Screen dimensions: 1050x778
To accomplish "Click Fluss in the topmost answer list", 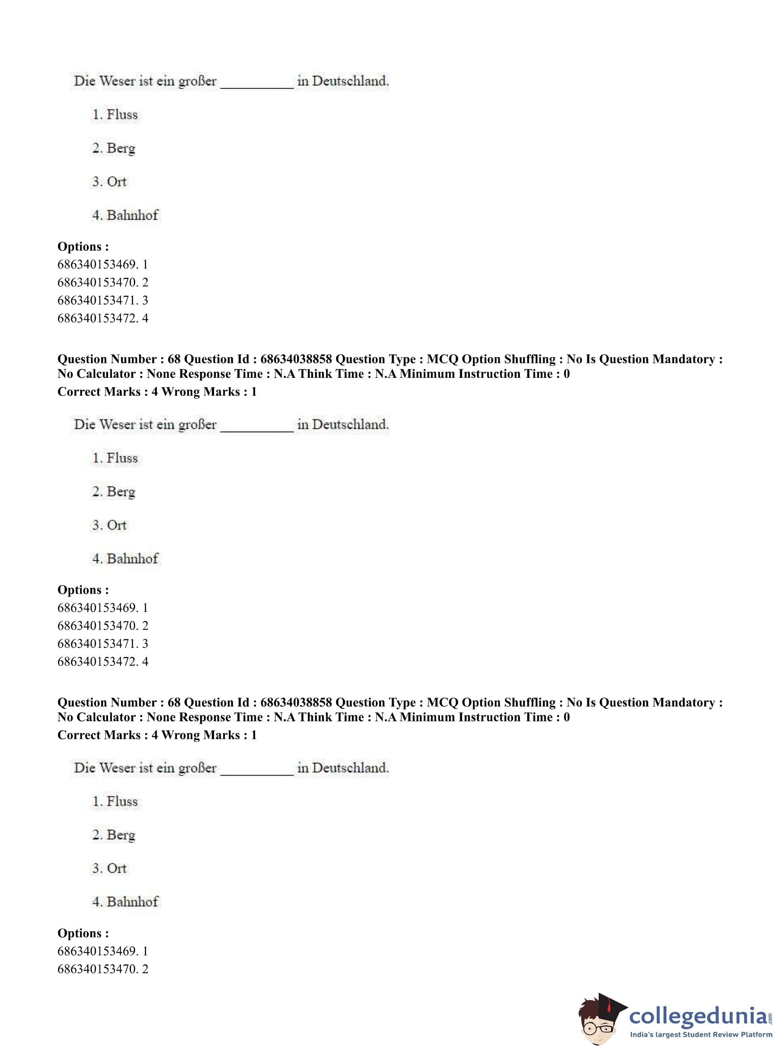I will pyautogui.click(x=122, y=114).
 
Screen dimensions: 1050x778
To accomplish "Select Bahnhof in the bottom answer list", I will pyautogui.click(x=132, y=902).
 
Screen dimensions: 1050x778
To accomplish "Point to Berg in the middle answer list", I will pyautogui.click(x=121, y=491).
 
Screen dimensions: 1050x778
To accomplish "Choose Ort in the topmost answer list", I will pyautogui.click(x=117, y=182).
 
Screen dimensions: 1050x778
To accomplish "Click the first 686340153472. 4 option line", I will pyautogui.click(x=103, y=318).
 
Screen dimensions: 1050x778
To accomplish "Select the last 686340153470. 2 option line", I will pyautogui.click(x=103, y=969).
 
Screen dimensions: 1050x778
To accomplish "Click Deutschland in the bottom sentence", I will pyautogui.click(x=350, y=768).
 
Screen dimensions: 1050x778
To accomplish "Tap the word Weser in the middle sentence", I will pyautogui.click(x=117, y=424).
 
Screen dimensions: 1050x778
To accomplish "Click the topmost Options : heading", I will pyautogui.click(x=83, y=246).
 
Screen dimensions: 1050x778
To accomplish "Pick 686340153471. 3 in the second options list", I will pyautogui.click(x=103, y=643).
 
